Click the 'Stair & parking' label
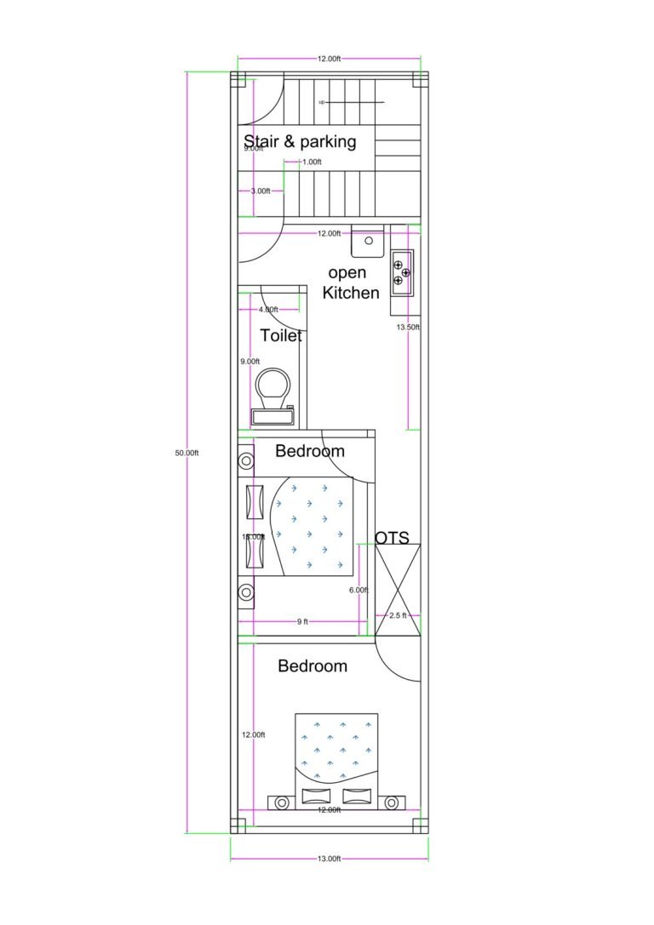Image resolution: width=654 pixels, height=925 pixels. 300,141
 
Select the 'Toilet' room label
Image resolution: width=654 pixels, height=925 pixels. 281,335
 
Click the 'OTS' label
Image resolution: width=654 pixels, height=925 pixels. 392,538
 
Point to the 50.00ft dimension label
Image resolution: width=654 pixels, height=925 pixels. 186,453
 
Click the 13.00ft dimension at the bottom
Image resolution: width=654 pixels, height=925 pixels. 329,859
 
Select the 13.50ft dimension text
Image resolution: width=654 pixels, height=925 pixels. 407,326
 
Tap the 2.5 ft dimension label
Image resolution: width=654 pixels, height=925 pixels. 398,614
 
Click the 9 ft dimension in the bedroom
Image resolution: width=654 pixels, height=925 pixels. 302,622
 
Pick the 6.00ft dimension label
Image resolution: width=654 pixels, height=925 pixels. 359,590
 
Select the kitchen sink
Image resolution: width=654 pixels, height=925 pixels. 369,241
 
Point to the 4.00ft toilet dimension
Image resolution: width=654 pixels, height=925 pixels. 268,310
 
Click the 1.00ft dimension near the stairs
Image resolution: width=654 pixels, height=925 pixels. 311,162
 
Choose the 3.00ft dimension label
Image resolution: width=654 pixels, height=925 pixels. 260,191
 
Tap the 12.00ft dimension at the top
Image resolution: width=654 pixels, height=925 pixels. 329,59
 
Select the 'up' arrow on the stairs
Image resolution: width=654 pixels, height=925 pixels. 322,102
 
